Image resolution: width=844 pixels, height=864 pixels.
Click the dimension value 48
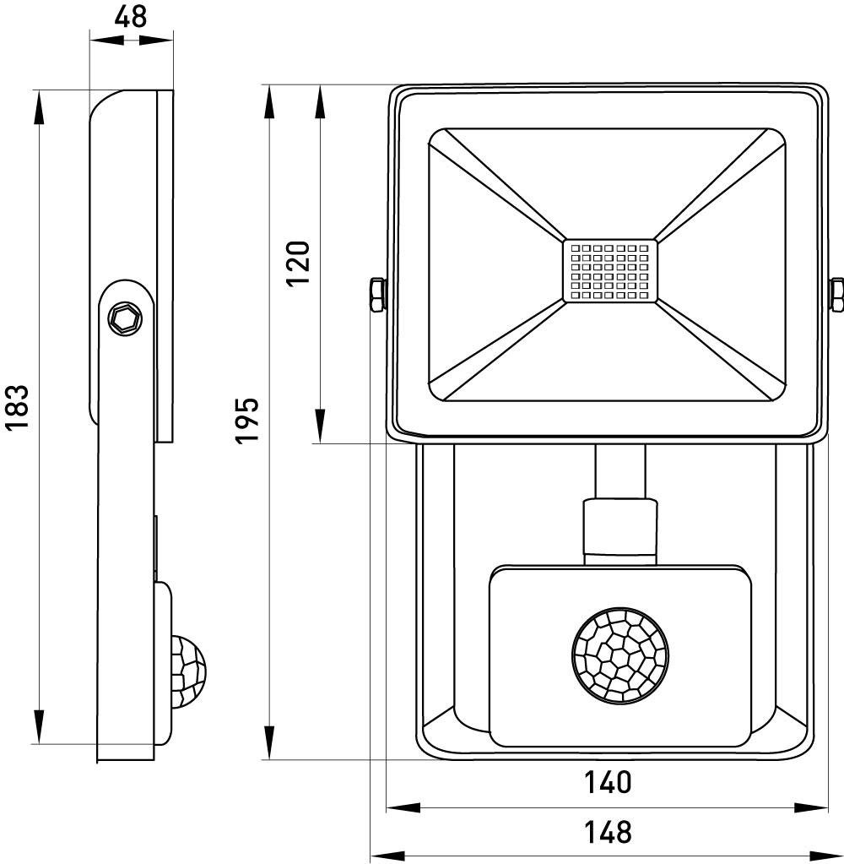pos(130,17)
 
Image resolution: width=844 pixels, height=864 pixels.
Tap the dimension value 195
pos(246,420)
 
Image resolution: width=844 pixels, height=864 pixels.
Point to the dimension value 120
pos(300,264)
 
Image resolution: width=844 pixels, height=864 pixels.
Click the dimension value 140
pos(608,782)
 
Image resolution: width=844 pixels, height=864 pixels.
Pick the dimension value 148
pos(608,832)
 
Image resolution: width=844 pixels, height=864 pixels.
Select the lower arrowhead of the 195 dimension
pos(270,743)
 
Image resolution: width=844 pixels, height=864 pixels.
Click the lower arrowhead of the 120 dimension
pos(321,427)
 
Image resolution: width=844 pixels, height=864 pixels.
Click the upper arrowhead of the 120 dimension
pos(321,101)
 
